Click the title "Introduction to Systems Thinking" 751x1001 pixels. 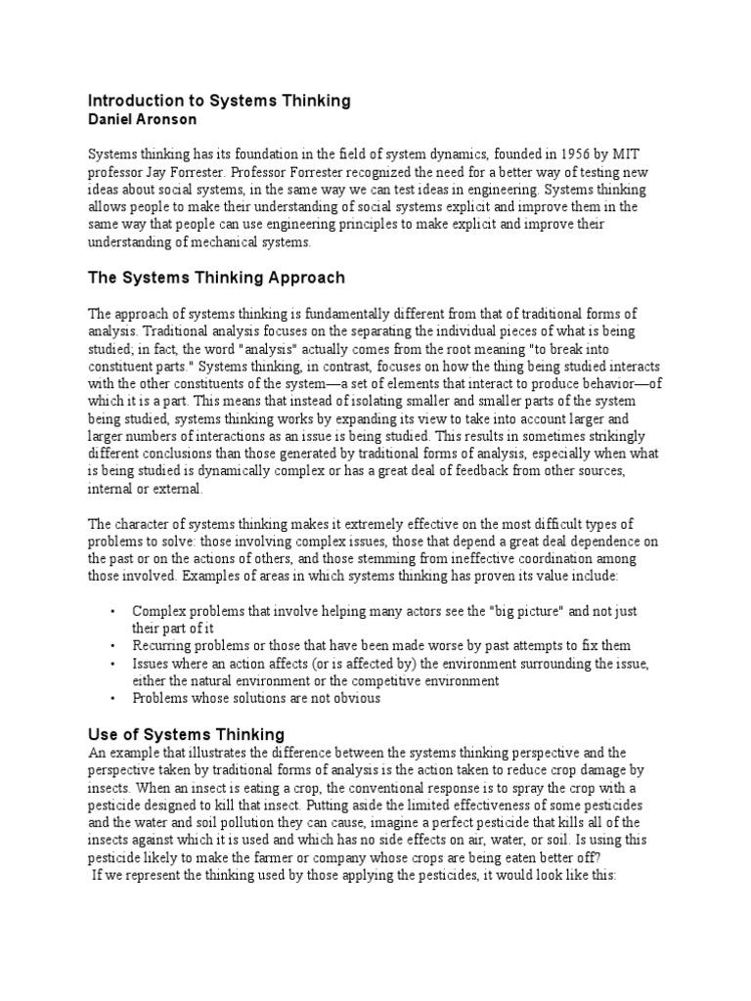[x=219, y=101]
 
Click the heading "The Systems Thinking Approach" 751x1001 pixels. [x=216, y=278]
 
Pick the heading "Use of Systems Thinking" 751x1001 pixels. [x=186, y=733]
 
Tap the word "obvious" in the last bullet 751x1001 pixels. [x=357, y=699]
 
